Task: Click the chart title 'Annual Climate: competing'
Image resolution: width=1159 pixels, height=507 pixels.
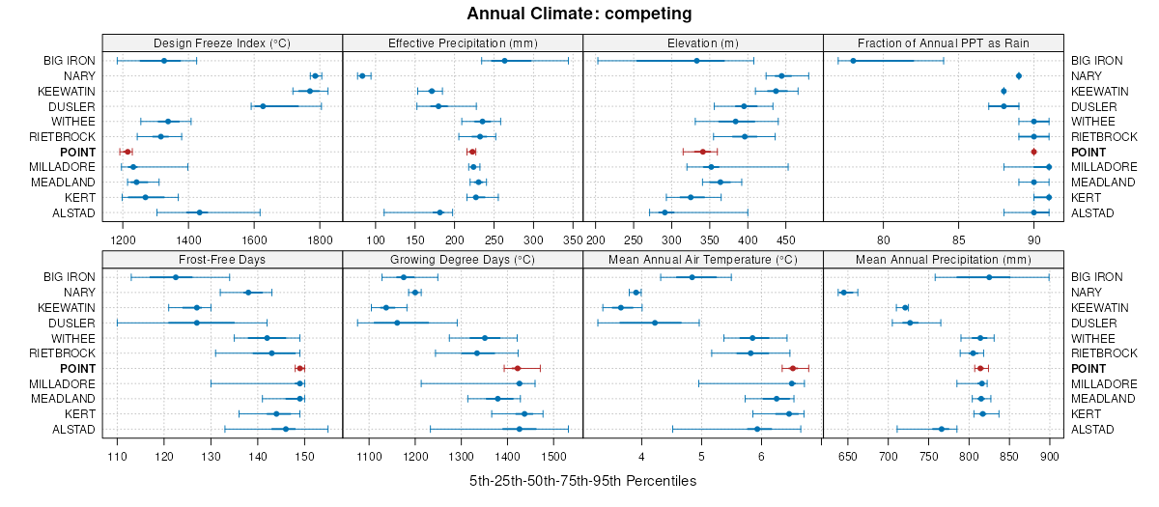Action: (x=579, y=14)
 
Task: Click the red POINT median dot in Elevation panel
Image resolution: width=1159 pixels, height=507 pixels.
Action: (x=703, y=152)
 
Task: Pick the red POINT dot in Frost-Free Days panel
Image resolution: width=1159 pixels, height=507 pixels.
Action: (x=299, y=368)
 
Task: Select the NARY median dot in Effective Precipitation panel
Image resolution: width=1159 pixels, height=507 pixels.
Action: (x=362, y=75)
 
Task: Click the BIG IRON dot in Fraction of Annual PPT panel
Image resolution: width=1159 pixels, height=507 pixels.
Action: (x=853, y=61)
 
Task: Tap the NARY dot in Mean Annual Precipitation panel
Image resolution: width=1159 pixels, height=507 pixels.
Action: (x=843, y=293)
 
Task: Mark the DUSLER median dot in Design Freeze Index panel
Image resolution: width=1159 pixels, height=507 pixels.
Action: (x=263, y=106)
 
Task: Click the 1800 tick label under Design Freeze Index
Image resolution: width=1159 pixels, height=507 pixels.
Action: (x=320, y=239)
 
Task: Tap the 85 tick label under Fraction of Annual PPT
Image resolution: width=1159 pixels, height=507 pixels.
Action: (x=958, y=239)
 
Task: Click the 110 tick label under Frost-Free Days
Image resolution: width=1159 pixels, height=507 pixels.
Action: (x=118, y=455)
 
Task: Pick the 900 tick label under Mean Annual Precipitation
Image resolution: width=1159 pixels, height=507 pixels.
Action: (x=1049, y=455)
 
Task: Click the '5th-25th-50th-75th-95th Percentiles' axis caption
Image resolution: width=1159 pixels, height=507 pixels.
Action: (x=582, y=480)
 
